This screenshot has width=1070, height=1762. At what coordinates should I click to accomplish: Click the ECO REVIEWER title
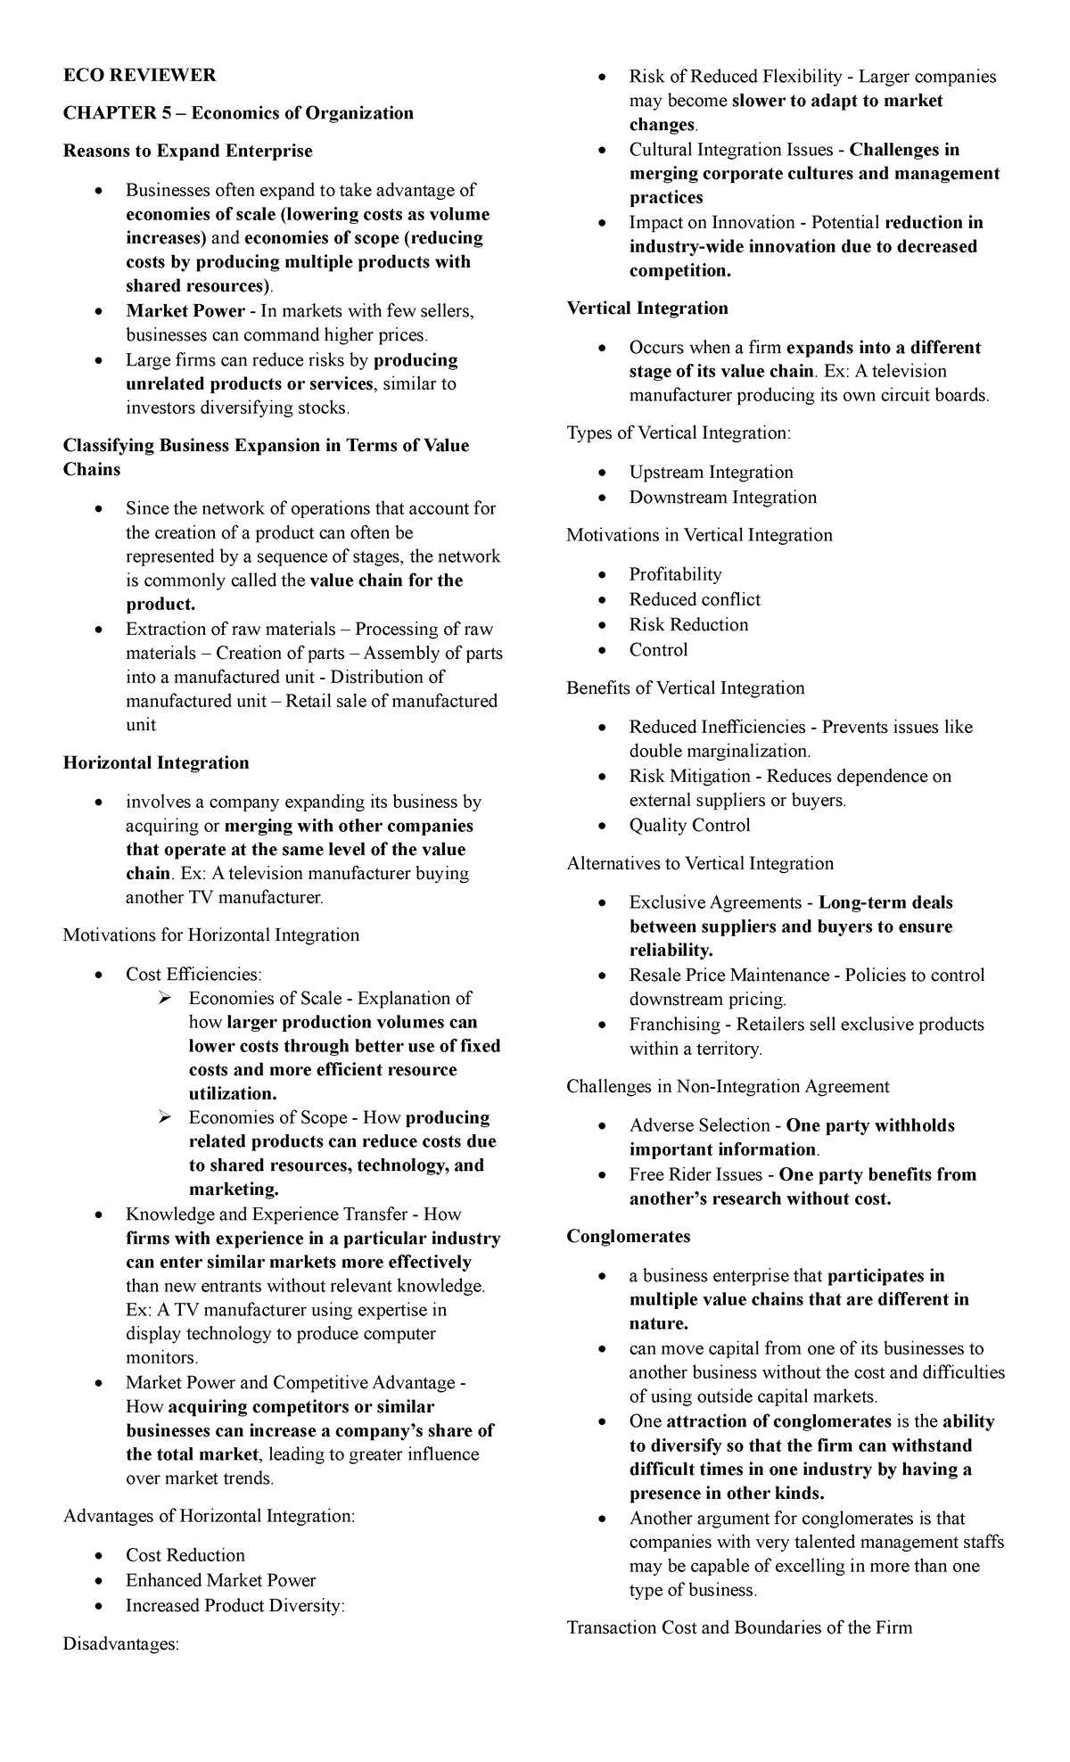tap(139, 75)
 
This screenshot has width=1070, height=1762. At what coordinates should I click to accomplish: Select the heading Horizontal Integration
tap(156, 763)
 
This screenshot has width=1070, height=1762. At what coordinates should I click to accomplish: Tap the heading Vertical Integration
tap(647, 309)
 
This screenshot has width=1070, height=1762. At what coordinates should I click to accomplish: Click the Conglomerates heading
tap(629, 1237)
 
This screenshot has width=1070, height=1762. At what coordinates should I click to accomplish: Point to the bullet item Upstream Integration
tap(711, 473)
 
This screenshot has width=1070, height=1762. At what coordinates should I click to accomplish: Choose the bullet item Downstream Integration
tap(722, 498)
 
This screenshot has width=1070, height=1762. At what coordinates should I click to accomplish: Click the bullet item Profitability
tap(675, 575)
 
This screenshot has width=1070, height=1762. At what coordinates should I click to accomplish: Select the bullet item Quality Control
tap(689, 826)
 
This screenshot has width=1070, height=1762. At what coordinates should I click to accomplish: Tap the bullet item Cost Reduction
tap(185, 1555)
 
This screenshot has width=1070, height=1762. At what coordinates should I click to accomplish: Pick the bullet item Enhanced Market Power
tap(221, 1580)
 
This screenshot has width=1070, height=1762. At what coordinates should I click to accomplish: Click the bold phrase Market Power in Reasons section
tap(185, 311)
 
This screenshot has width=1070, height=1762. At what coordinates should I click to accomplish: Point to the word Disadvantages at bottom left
tap(121, 1644)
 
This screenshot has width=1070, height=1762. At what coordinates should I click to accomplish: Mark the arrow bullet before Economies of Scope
tap(163, 1117)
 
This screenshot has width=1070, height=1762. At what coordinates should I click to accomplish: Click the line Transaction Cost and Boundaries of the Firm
tap(739, 1628)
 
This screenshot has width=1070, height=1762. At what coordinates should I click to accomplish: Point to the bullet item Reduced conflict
tap(695, 600)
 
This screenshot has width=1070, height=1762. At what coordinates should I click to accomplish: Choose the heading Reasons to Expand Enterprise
tap(187, 152)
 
